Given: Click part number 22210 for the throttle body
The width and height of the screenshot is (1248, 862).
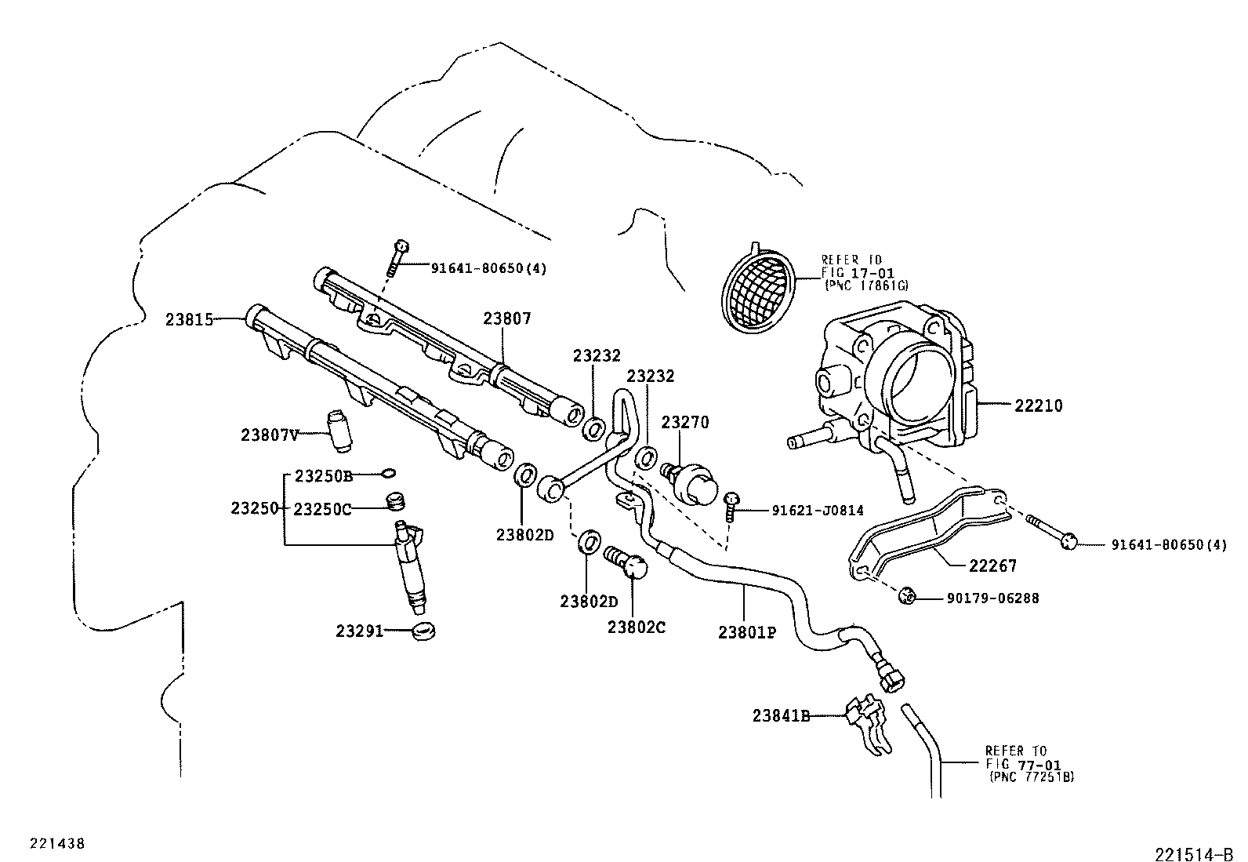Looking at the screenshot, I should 1038,406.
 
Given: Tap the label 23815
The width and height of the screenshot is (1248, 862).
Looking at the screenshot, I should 189,319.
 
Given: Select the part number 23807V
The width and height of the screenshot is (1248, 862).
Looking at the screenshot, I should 269,435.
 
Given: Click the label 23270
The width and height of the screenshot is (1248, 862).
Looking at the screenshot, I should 684,423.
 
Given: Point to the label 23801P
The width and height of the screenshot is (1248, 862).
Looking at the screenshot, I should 746,631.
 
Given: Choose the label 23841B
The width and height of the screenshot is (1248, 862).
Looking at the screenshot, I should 780,715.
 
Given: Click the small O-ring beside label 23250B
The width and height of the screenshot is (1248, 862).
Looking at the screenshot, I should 388,473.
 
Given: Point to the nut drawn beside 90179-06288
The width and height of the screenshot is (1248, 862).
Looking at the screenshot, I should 907,597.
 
